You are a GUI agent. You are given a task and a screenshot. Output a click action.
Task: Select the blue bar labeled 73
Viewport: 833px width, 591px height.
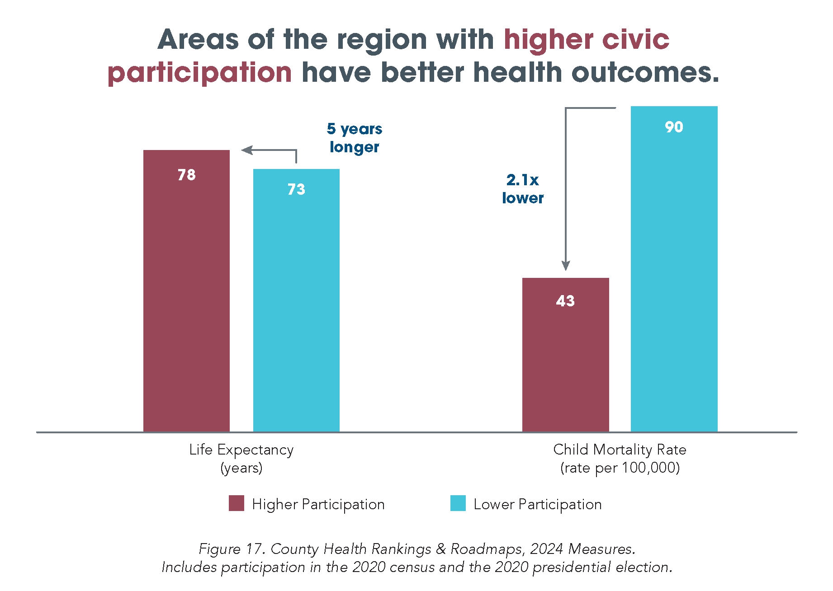[296, 300]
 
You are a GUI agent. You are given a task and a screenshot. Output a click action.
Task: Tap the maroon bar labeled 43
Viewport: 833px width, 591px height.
[565, 355]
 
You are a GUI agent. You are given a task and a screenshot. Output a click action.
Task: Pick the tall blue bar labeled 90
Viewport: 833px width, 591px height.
[674, 269]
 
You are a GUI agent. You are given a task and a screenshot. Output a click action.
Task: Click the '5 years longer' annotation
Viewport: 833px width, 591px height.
[355, 138]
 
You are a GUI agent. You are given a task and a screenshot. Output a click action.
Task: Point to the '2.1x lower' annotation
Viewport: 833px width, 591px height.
[523, 189]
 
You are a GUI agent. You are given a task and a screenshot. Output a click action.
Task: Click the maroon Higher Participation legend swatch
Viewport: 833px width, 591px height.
[237, 503]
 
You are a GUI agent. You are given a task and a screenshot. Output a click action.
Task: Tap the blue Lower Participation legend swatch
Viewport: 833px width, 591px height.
[458, 503]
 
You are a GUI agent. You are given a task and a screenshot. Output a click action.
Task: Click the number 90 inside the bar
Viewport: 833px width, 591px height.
[674, 127]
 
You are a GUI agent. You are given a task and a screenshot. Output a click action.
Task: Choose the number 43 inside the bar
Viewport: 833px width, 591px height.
[565, 301]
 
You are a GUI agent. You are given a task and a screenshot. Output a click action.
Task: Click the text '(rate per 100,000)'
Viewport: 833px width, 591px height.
[620, 468]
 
